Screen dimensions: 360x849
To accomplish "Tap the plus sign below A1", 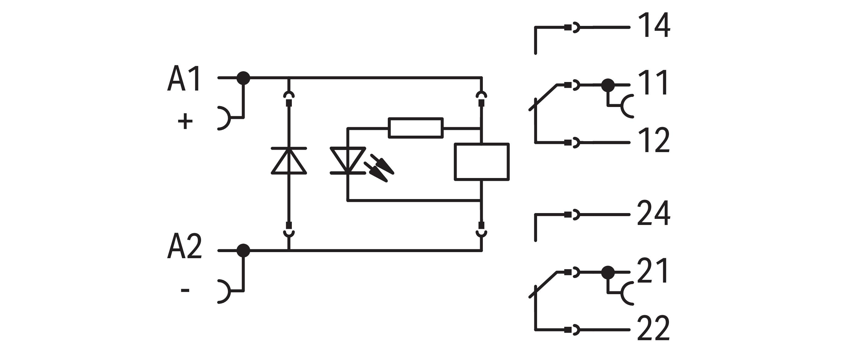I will point(185,121).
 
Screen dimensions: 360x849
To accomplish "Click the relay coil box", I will point(482,162).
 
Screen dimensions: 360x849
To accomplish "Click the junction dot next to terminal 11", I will point(608,85).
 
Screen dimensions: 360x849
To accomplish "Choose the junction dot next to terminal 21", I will point(608,272).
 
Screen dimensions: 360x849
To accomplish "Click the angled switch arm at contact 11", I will point(544,97).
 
